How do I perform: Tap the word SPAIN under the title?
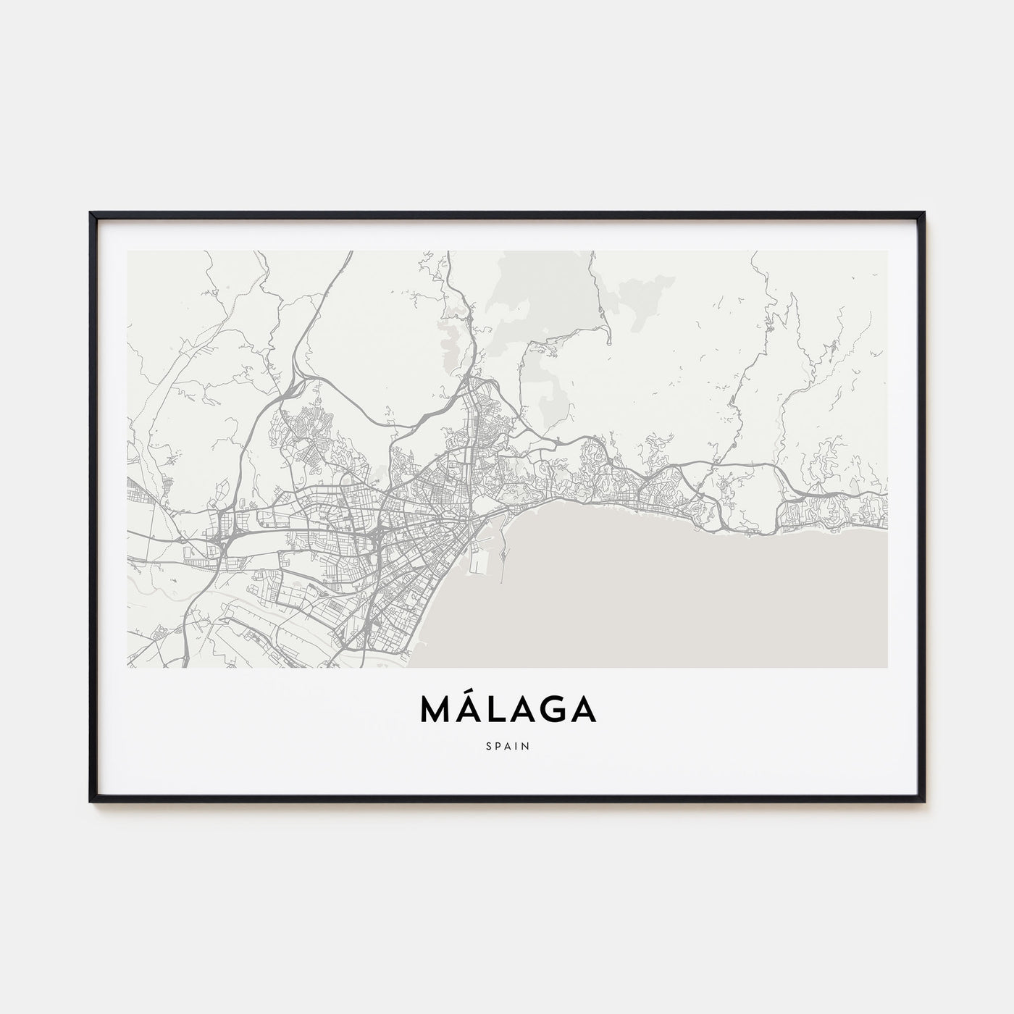pyautogui.click(x=508, y=745)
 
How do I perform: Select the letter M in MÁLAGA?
pyautogui.click(x=435, y=711)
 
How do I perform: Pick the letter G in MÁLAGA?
pyautogui.click(x=553, y=711)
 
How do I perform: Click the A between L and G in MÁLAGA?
pyautogui.click(x=522, y=711)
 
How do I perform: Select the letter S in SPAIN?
pyautogui.click(x=488, y=745)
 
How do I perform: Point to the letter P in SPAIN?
pyautogui.click(x=498, y=745)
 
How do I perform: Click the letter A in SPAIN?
pyautogui.click(x=508, y=745)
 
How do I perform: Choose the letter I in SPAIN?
pyautogui.click(x=516, y=745)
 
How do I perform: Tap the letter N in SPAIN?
pyautogui.click(x=526, y=745)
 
